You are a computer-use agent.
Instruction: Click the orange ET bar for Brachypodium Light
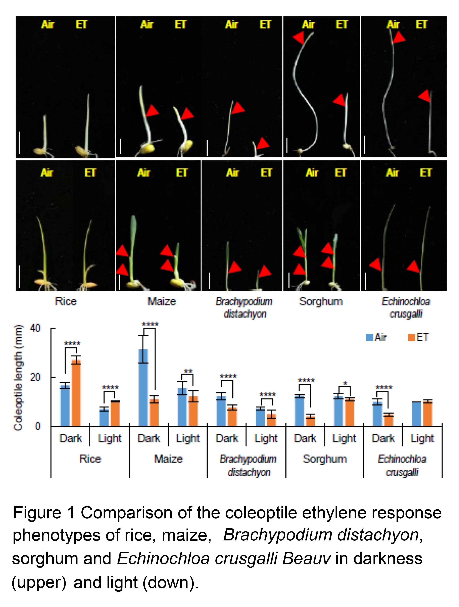(x=272, y=420)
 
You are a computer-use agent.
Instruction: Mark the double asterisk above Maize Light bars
(x=188, y=371)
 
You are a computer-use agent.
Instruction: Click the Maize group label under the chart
(x=168, y=459)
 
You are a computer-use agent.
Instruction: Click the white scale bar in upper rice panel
(x=19, y=143)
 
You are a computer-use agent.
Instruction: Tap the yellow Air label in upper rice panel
(x=48, y=25)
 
